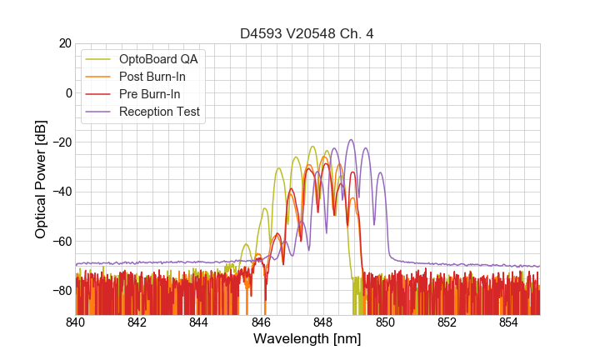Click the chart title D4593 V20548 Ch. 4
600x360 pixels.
tap(307, 34)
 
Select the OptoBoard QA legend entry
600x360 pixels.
tap(158, 59)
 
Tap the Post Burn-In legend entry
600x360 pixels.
tap(152, 77)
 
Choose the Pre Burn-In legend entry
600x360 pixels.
tap(150, 94)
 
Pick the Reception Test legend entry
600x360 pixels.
tap(159, 112)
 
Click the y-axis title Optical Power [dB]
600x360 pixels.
tap(41, 179)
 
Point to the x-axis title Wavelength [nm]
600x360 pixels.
tap(307, 340)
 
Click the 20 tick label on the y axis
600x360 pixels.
tap(64, 43)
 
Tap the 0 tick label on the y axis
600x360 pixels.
tap(68, 92)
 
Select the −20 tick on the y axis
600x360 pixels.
tap(61, 142)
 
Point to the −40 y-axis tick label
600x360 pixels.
tap(61, 192)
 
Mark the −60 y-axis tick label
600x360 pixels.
tap(61, 242)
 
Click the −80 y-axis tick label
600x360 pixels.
tap(61, 291)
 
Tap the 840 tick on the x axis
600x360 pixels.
tap(76, 322)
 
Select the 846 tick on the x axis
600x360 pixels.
tap(261, 322)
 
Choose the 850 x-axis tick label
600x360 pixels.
tap(385, 322)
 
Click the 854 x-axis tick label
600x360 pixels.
tap(508, 322)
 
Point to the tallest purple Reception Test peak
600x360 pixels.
tap(351, 140)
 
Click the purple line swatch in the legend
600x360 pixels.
tap(100, 112)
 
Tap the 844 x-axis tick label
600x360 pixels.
tap(199, 322)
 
